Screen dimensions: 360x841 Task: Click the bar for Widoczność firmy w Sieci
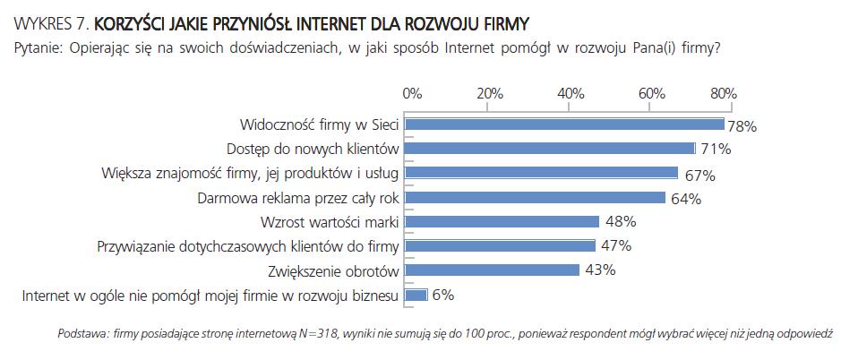564,124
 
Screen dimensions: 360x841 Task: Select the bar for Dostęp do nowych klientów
550,149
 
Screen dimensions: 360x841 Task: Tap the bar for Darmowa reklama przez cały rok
536,197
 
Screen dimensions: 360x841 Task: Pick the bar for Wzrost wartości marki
502,221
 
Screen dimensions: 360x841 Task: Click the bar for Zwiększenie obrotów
493,270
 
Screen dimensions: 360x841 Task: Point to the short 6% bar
416,294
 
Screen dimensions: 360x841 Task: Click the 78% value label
742,127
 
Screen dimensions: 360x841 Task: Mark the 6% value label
443,295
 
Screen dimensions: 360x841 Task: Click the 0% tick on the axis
412,93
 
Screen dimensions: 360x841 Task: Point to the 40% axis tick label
571,93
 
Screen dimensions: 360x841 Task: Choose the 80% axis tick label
723,93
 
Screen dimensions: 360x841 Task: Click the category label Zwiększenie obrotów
333,270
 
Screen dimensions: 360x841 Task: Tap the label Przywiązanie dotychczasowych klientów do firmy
246,245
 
